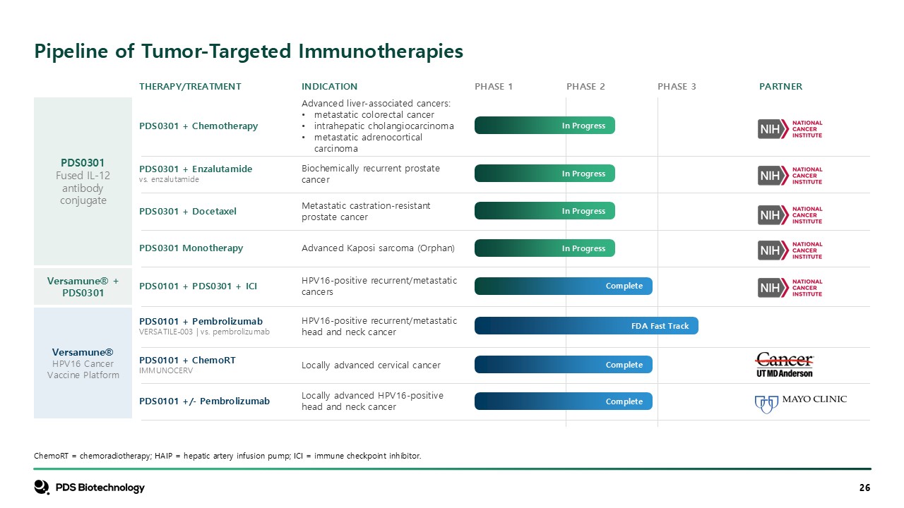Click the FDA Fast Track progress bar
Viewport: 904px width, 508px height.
(x=586, y=325)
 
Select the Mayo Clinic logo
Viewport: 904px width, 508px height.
(x=801, y=404)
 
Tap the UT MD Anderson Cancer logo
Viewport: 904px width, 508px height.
(x=785, y=365)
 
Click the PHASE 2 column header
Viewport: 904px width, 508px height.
(x=585, y=86)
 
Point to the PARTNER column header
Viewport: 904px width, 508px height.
(x=780, y=86)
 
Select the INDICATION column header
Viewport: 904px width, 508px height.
(x=329, y=86)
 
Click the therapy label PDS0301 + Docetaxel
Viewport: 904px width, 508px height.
(x=188, y=211)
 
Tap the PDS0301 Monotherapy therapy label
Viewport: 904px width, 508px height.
(x=191, y=248)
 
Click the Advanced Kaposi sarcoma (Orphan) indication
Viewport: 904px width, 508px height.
(x=378, y=248)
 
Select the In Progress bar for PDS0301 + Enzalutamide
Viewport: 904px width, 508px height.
(x=545, y=174)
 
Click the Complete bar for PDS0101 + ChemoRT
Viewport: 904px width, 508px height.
(x=564, y=365)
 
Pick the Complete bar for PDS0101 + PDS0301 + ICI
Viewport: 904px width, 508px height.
(x=564, y=286)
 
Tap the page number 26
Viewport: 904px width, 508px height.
(x=865, y=488)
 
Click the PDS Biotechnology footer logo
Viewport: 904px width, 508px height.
(x=89, y=488)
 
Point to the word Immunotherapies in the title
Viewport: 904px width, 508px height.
(x=381, y=52)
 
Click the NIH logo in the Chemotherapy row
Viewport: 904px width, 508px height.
(x=790, y=129)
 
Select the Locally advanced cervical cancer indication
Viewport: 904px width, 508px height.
(x=371, y=365)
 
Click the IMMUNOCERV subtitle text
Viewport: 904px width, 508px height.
(x=166, y=370)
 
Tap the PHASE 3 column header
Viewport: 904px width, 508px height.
(x=677, y=86)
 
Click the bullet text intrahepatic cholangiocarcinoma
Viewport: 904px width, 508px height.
(x=383, y=126)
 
